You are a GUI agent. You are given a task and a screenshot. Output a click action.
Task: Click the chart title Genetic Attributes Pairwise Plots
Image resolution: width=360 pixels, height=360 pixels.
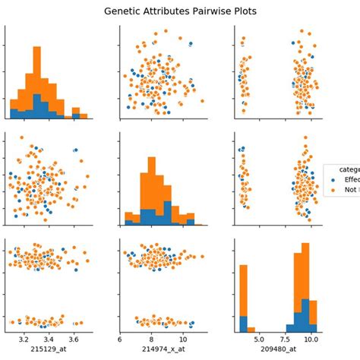tap(180, 12)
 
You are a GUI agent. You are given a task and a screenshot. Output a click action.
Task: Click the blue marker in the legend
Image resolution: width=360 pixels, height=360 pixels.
tap(333, 180)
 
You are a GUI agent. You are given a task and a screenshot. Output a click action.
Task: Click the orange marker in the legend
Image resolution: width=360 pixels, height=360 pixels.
tap(333, 191)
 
